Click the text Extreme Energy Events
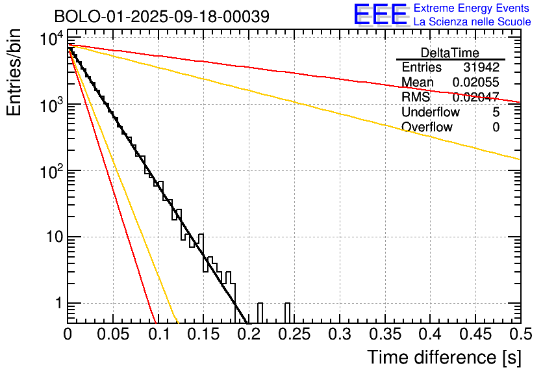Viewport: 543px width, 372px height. coord(472,8)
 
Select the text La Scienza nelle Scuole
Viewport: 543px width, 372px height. coord(472,22)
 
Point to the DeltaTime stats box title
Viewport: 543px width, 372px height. coord(450,52)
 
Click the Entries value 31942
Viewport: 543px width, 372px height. coord(481,68)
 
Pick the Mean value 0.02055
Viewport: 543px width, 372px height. coord(476,83)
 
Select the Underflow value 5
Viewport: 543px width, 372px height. coord(496,113)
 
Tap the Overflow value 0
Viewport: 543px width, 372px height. coord(496,127)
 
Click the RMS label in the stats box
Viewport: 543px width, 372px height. coord(415,98)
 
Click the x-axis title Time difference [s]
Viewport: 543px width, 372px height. coord(443,357)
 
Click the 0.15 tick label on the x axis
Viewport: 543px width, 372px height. coord(203,335)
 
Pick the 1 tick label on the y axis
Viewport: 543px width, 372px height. coord(58,303)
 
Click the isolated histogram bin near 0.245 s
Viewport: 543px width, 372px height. coord(287,313)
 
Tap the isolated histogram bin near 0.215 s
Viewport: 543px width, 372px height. coord(260,313)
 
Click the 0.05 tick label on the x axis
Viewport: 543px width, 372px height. coord(113,335)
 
